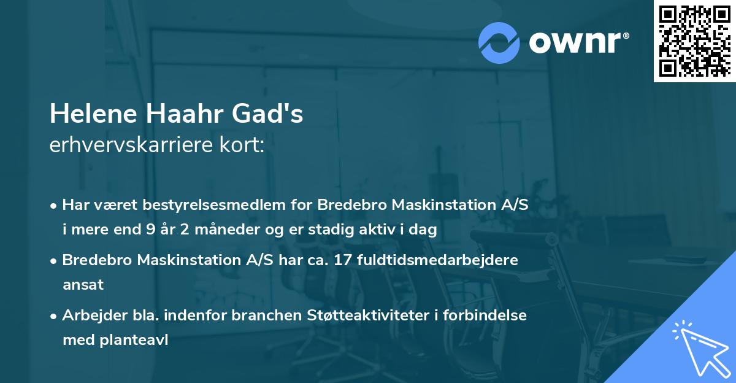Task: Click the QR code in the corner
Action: (694, 41)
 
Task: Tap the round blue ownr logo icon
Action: (499, 42)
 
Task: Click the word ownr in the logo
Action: (579, 42)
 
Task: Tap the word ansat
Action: (83, 284)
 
